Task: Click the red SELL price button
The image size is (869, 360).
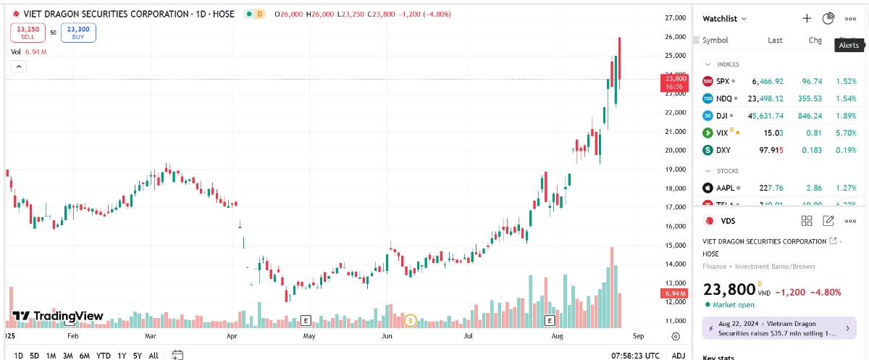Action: click(x=27, y=33)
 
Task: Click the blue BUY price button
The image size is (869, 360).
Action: click(x=77, y=33)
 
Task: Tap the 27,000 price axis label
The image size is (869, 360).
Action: click(x=675, y=18)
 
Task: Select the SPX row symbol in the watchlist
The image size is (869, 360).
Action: click(x=723, y=81)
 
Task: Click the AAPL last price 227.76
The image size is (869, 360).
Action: click(x=768, y=188)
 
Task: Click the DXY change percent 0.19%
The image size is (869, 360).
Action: click(x=846, y=150)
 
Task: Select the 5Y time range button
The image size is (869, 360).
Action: click(x=137, y=355)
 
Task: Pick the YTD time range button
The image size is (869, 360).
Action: click(x=103, y=355)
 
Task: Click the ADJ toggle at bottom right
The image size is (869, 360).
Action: click(x=678, y=355)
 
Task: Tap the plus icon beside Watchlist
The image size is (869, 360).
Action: click(x=807, y=18)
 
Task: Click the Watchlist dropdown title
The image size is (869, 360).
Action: click(x=725, y=19)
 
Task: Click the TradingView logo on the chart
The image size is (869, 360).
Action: click(x=58, y=316)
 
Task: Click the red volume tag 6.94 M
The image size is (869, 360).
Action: click(x=674, y=293)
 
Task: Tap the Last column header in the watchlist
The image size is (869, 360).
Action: click(x=775, y=41)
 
